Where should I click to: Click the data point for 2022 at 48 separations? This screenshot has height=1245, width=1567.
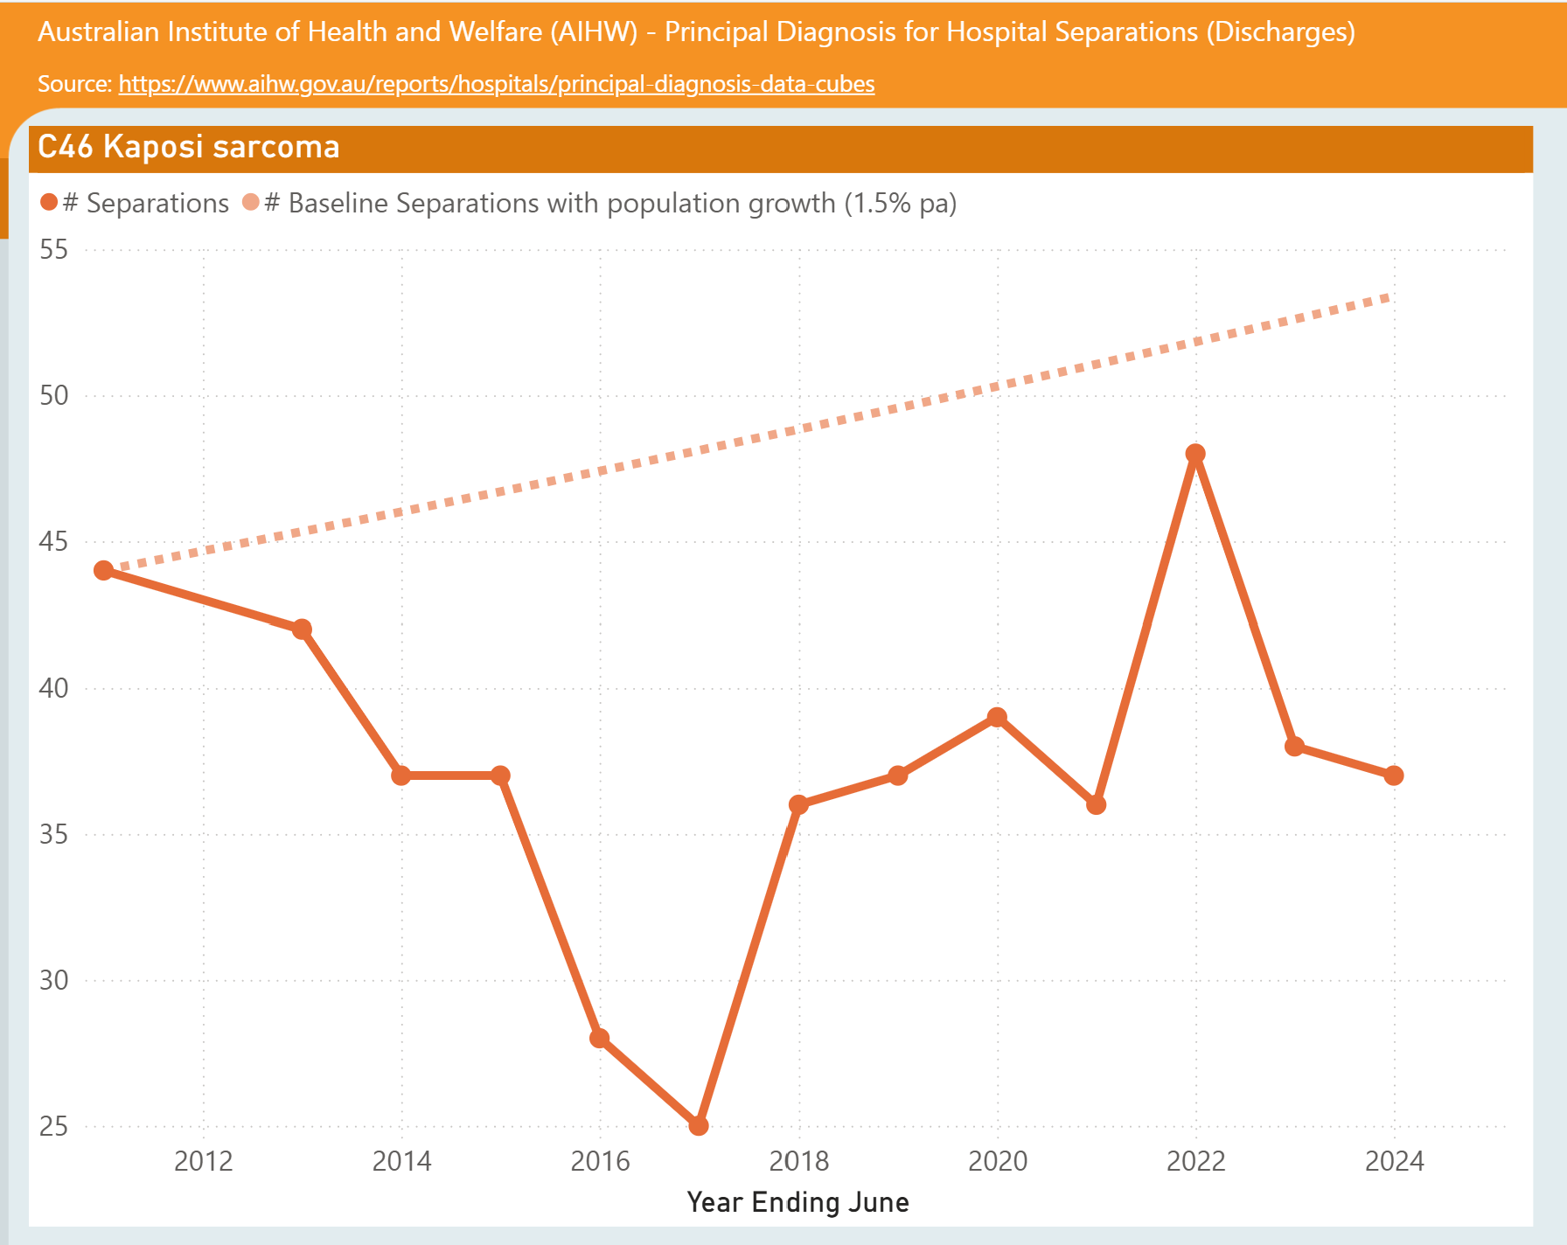coord(1195,454)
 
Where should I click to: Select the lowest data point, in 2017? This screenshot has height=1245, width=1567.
coord(699,1125)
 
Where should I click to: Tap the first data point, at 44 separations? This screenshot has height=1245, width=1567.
coord(104,570)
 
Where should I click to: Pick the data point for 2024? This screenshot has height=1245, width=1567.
coord(1394,776)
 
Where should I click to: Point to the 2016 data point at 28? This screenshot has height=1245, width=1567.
coord(600,1038)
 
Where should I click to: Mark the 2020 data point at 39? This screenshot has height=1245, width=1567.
coord(997,717)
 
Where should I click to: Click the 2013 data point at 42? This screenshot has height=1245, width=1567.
coord(302,629)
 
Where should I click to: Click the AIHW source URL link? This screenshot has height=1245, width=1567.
coord(497,84)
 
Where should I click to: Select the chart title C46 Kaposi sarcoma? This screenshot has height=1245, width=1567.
coord(189,147)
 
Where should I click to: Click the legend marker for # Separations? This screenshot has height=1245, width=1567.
coord(49,203)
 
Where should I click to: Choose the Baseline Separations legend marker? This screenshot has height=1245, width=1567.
coord(251,203)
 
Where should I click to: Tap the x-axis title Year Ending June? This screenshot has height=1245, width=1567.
coord(797,1202)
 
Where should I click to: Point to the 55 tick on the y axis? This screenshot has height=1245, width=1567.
coord(53,250)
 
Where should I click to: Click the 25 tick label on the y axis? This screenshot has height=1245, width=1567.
coord(53,1126)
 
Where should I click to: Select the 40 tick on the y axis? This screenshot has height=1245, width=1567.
coord(53,688)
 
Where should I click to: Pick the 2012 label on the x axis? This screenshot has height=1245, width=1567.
coord(203,1161)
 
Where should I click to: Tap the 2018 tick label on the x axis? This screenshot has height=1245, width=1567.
coord(798,1161)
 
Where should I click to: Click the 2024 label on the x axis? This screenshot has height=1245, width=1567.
coord(1394,1161)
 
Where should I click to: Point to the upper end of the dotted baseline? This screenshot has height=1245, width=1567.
coord(1388,297)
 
